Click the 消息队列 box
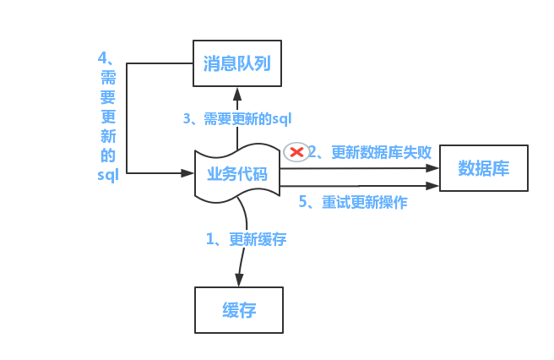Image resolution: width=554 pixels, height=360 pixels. click(236, 63)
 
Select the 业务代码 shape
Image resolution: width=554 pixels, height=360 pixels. click(236, 175)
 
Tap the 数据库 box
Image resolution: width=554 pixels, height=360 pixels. click(483, 167)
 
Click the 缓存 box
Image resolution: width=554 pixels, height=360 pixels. click(239, 310)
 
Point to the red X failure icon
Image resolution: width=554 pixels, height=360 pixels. click(296, 151)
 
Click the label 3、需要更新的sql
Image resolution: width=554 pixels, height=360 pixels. click(237, 119)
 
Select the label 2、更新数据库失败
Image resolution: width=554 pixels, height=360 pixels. click(369, 152)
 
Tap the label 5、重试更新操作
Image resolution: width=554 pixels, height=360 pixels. click(353, 203)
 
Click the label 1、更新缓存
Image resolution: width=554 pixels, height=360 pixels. click(246, 239)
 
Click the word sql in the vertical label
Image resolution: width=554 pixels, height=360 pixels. click(107, 175)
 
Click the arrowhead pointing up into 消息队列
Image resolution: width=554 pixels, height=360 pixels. click(237, 92)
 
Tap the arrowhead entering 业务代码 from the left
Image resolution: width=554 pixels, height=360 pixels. click(188, 172)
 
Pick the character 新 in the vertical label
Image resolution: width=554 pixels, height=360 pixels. click(107, 136)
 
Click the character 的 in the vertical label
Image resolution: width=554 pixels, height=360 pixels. click(107, 155)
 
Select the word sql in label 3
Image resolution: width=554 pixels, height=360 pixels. click(281, 119)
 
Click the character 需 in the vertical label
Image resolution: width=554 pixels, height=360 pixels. click(107, 78)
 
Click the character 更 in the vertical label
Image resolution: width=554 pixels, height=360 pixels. click(107, 117)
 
